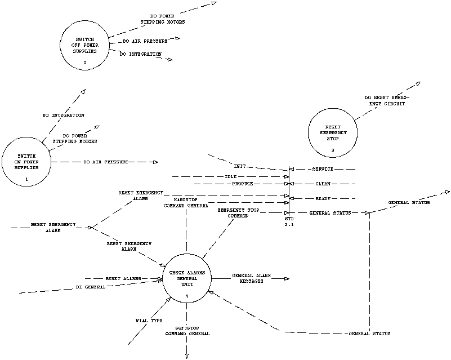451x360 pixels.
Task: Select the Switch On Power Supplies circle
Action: [x=26, y=163]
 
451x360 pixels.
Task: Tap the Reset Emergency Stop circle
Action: [x=333, y=132]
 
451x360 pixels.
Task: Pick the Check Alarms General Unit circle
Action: [x=186, y=280]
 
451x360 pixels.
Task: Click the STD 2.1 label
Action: [x=289, y=222]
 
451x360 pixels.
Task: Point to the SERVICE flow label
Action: [x=323, y=169]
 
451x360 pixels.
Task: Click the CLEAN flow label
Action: [x=323, y=184]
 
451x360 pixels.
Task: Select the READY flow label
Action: [x=323, y=198]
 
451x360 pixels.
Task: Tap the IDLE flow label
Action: [x=230, y=176]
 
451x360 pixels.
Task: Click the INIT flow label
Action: [x=239, y=166]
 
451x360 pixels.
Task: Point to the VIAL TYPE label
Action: [x=149, y=320]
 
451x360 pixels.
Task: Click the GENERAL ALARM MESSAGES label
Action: [x=252, y=278]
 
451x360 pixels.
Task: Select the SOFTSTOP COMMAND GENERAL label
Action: [x=187, y=330]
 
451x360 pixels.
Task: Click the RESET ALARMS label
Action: [x=123, y=278]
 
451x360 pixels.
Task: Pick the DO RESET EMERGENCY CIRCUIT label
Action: [x=387, y=100]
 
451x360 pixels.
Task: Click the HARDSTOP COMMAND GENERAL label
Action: [x=186, y=203]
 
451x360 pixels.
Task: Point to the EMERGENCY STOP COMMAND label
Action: [x=238, y=212]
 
